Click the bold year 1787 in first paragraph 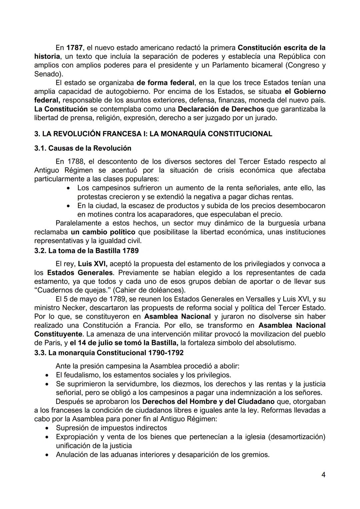75,48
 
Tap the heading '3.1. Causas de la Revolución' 83,148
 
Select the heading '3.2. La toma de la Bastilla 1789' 86,250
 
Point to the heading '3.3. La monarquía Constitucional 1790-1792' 109,352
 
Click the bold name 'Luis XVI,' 93,264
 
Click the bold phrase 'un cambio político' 103,232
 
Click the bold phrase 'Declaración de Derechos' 221,109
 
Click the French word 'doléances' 166,290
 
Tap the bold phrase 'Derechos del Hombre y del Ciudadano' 208,401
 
